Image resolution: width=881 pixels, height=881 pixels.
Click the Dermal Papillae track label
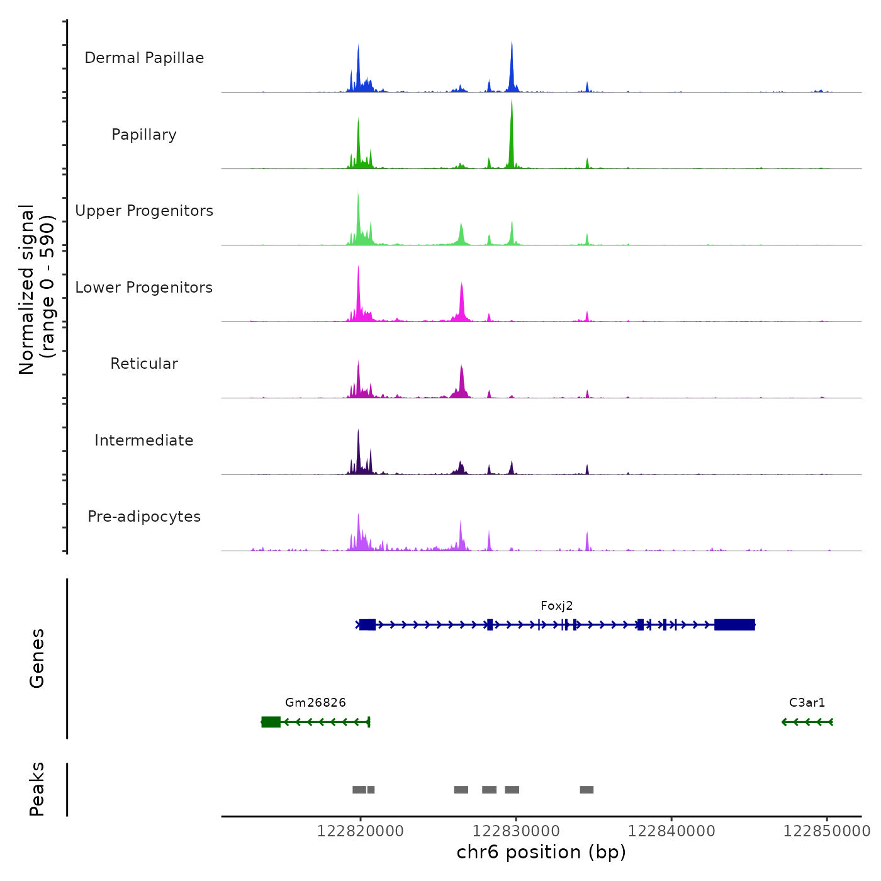click(144, 58)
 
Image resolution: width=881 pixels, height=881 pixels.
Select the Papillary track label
click(144, 135)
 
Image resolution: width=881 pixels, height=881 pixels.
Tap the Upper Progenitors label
click(144, 211)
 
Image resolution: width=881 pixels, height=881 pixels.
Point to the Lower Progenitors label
click(144, 288)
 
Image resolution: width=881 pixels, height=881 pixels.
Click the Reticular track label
click(144, 364)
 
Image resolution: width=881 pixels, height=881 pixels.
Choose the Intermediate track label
click(144, 441)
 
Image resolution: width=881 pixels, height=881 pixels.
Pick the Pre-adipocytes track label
click(144, 517)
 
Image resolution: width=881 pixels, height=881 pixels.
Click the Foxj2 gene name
click(557, 606)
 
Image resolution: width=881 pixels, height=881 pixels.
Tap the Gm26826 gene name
click(315, 703)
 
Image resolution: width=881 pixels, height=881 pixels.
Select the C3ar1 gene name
click(807, 703)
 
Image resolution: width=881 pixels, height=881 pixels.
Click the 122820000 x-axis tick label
click(361, 831)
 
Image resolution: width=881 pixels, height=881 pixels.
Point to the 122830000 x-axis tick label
click(516, 831)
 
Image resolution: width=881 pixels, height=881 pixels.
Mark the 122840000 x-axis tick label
click(671, 831)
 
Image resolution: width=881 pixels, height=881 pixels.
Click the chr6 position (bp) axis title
click(541, 852)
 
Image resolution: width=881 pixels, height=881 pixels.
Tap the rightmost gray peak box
click(586, 790)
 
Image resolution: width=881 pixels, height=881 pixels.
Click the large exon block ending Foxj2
click(734, 625)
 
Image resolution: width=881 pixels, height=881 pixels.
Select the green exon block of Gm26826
click(271, 722)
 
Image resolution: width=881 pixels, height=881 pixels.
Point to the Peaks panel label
click(37, 789)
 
